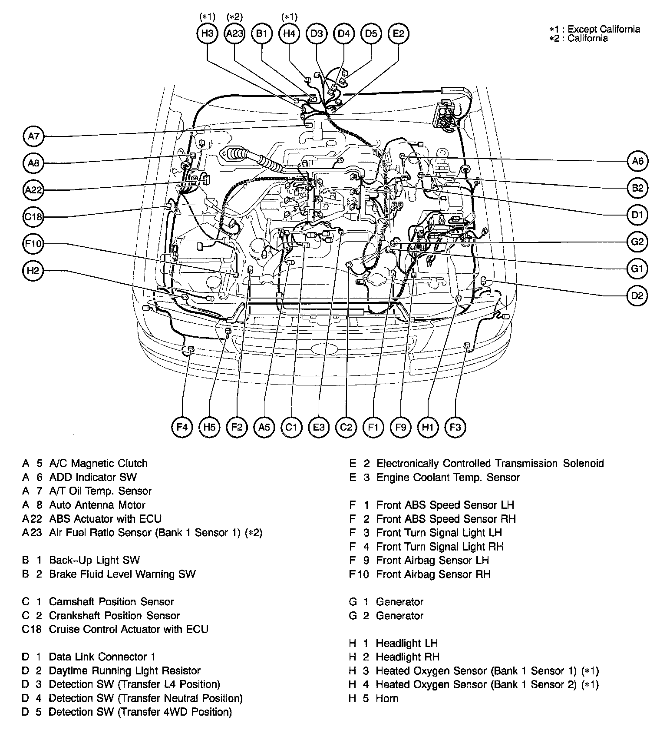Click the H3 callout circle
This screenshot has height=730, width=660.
coord(207,33)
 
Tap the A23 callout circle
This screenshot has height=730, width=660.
coord(234,33)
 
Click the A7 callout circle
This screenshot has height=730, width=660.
coord(33,136)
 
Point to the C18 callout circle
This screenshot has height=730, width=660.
coord(33,217)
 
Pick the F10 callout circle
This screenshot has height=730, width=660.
coord(33,244)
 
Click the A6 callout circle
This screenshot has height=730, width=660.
coord(637,161)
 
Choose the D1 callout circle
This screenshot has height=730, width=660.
coord(637,215)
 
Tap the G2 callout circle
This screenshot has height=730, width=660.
coord(637,242)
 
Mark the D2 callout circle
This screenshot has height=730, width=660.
coord(637,296)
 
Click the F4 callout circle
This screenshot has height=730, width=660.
coord(182,427)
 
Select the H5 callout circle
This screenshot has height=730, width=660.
coord(209,427)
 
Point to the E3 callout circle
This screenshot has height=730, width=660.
coord(319,427)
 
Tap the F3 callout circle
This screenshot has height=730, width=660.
coord(455,427)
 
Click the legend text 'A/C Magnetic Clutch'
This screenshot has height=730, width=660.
coord(98,463)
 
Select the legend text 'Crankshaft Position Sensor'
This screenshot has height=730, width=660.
coord(114,615)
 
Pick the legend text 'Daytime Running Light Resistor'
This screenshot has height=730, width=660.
coord(125,670)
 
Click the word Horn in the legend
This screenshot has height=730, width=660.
coord(387,698)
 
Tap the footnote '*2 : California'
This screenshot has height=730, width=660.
coord(578,38)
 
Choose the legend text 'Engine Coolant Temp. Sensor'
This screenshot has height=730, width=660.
coord(448,477)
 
